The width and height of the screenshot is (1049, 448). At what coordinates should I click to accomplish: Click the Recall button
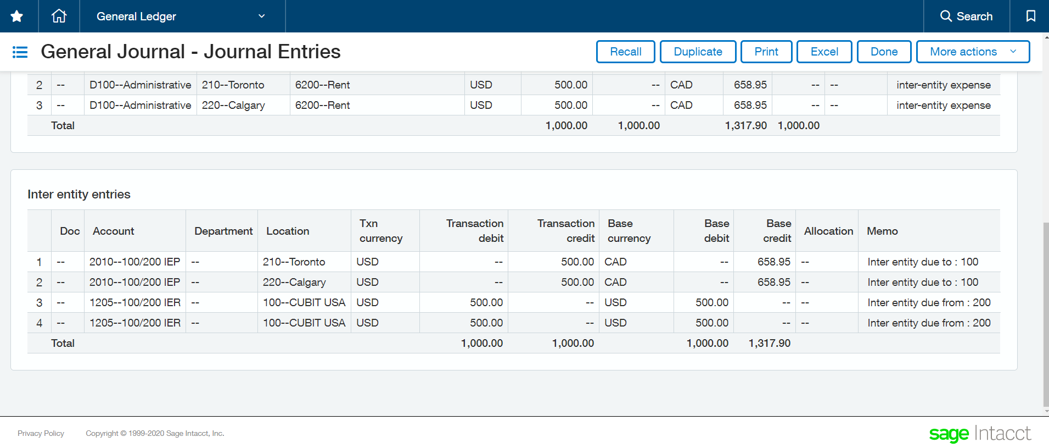pos(625,52)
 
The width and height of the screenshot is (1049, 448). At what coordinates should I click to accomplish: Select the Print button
pos(766,52)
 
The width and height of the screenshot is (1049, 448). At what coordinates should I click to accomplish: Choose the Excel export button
pos(824,52)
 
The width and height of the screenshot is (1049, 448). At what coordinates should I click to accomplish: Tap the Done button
pos(884,52)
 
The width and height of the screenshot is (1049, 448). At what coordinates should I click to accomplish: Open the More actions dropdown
pos(972,52)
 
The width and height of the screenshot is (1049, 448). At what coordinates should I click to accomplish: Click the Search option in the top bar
pos(966,16)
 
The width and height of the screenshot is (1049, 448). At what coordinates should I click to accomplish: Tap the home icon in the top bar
pos(59,16)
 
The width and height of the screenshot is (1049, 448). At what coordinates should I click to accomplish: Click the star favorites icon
pos(17,16)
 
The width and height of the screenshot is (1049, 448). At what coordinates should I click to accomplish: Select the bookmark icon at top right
pos(1030,16)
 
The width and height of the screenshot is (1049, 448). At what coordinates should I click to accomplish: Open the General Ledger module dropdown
pos(181,16)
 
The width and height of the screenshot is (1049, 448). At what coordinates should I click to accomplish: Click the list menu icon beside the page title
pos(20,52)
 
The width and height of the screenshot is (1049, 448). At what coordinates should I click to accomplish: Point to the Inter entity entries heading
pos(79,195)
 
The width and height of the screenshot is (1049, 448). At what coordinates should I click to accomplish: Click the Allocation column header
pos(828,231)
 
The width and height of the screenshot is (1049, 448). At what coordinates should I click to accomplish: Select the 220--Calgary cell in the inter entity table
pos(294,283)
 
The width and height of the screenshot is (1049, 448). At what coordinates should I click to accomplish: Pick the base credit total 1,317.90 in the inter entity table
pos(769,344)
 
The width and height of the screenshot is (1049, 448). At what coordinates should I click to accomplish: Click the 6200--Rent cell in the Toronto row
pos(323,85)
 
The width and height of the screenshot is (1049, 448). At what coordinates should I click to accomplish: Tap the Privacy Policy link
pos(41,434)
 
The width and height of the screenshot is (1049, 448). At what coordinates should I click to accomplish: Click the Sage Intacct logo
pos(979,434)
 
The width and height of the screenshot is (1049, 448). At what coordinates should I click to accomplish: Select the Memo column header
pos(882,231)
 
